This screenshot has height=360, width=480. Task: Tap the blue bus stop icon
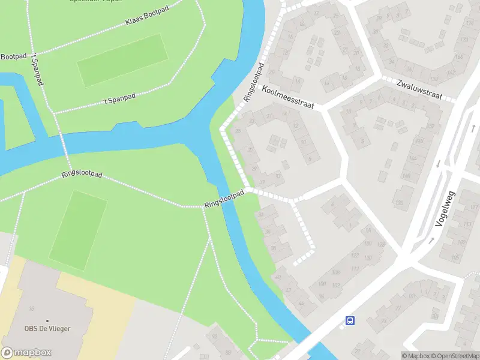click(349, 321)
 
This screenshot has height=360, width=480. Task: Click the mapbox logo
click(25, 352)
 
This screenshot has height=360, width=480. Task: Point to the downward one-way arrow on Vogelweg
click(438, 163)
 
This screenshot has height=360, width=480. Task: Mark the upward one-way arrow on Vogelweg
click(431, 240)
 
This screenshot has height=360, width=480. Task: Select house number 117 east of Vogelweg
click(474, 208)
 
